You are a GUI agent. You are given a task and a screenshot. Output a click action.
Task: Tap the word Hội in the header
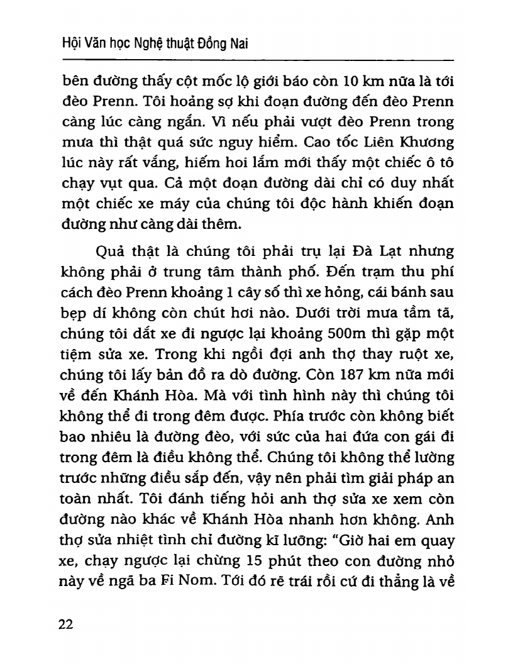tap(66, 42)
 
